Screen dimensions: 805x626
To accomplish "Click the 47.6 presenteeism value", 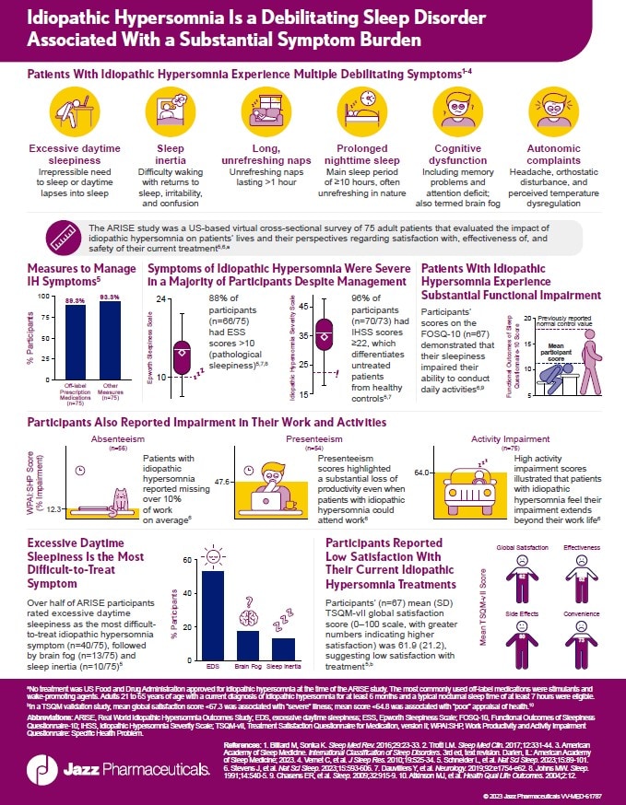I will click(221, 481).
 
